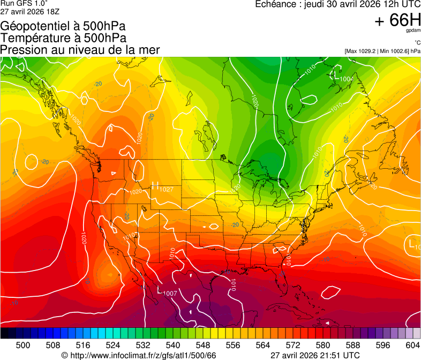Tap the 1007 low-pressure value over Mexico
click(170, 293)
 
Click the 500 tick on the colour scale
click(23, 346)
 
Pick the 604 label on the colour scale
click(413, 346)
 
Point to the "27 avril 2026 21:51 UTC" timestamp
click(315, 355)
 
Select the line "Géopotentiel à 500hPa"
click(63, 26)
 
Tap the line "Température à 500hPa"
click(63, 38)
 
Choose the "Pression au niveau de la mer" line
click(80, 50)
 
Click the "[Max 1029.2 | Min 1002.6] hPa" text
click(382, 51)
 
